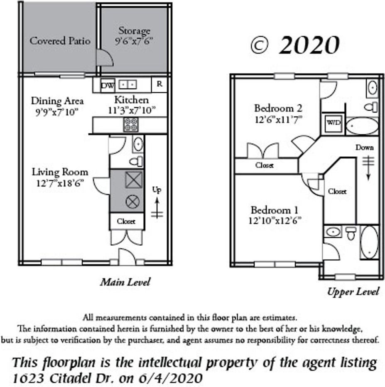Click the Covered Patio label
coord(60,41)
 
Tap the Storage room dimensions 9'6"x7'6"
coord(134,42)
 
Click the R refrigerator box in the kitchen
coord(159,84)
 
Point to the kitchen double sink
coord(128,85)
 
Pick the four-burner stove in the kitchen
coord(131,125)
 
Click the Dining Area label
coord(57,101)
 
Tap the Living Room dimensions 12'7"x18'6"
coord(60,183)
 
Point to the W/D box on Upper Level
coord(332,123)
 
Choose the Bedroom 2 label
coord(278,108)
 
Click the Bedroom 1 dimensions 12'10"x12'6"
coord(275,221)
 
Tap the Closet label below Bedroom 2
coord(264,165)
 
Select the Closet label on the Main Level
coord(126,222)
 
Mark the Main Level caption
coord(125,282)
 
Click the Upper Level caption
coord(353,291)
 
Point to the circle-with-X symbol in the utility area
coord(133,202)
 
